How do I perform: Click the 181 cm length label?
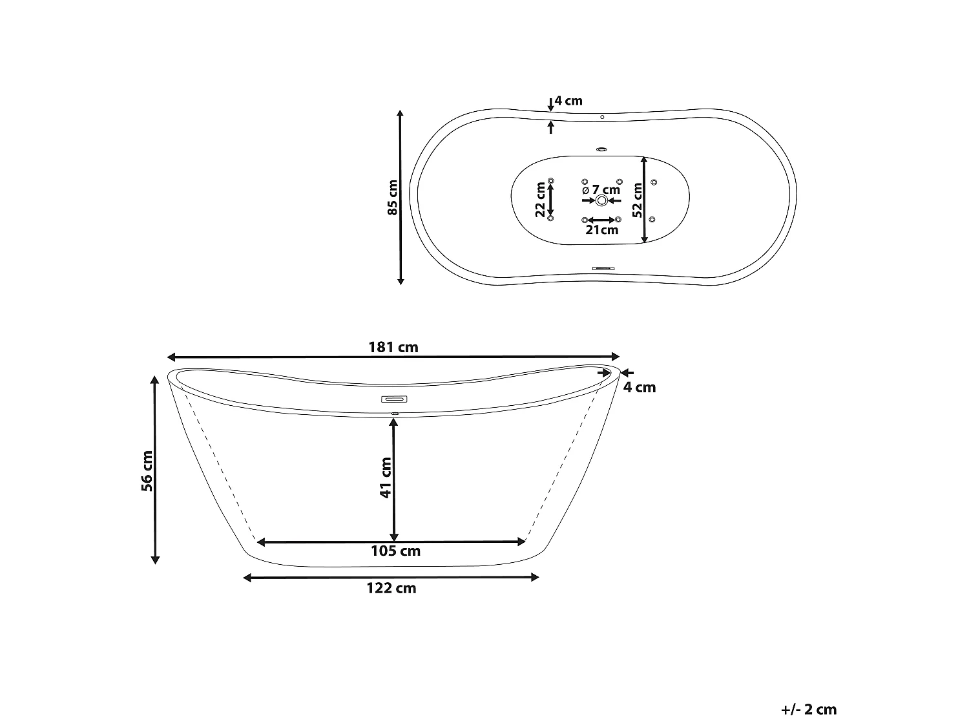coord(393,347)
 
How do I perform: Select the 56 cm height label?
coord(148,471)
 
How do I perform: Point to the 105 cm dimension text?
coord(395,551)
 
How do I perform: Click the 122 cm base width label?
coord(392,588)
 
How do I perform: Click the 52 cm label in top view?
coord(637,200)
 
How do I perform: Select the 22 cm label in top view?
coord(541,200)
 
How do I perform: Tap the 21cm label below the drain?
coord(601,230)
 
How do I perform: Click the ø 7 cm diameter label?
coord(601,189)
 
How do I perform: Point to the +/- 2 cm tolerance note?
coord(808,710)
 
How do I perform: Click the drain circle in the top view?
coord(601,200)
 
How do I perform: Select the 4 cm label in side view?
coord(640,387)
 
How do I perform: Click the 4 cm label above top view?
coord(568,101)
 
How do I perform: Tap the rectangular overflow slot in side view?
coord(393,399)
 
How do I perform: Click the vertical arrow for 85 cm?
coord(401,198)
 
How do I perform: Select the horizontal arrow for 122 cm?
coord(391,577)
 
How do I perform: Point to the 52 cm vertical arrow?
coord(645,200)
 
